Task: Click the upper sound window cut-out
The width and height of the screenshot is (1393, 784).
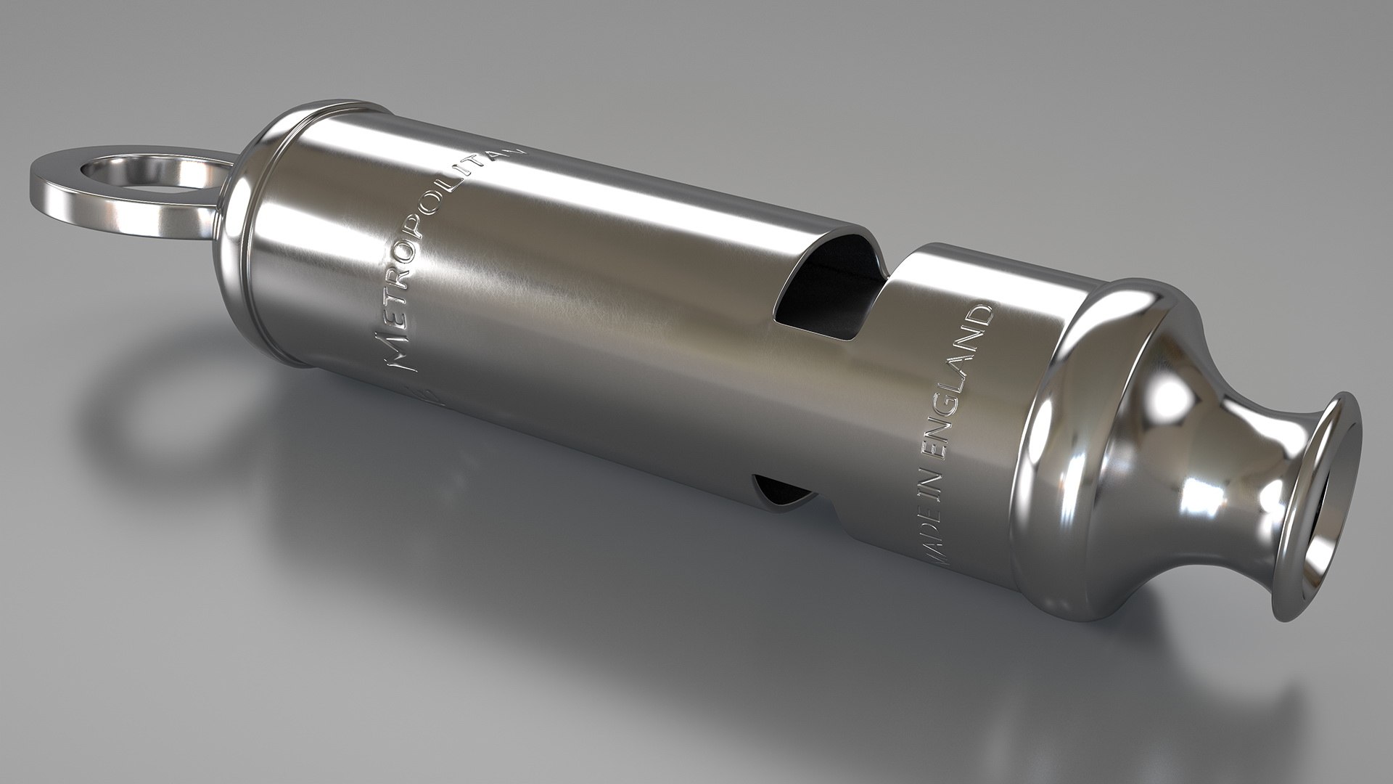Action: pyautogui.click(x=823, y=290)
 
